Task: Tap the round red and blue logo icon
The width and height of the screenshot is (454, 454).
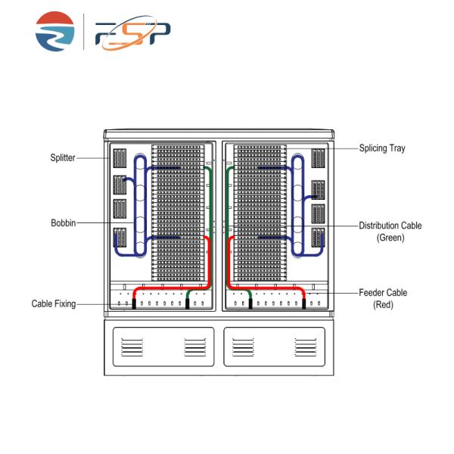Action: point(55,31)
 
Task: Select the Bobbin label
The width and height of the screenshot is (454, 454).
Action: point(64,222)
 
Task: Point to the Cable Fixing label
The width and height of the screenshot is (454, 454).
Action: point(53,304)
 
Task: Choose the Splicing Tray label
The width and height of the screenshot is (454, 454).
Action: point(383,148)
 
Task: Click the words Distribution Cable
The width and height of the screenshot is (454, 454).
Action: point(390,225)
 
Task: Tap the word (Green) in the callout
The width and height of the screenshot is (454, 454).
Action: point(390,238)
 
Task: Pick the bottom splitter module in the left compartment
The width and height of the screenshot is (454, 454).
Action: point(118,238)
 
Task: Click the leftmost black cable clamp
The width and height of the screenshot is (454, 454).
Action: point(134,303)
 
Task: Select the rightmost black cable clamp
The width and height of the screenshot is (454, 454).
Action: point(303,303)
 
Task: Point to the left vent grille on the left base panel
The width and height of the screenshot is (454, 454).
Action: point(131,347)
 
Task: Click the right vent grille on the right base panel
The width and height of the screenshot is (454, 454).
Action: point(304,347)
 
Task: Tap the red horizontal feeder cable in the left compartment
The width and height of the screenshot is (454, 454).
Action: point(163,288)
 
